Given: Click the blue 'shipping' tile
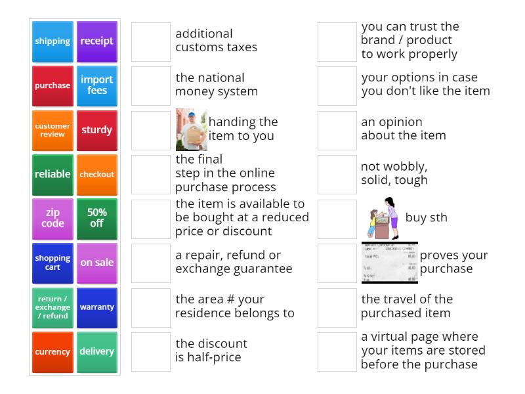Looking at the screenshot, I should click(52, 41).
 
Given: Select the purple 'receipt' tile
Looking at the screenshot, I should click(97, 41).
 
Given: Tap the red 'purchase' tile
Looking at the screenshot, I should click(52, 85).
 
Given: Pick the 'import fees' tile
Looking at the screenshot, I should click(97, 85).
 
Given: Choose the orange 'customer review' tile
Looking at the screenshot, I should click(52, 130).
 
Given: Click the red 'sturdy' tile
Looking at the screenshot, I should click(97, 130).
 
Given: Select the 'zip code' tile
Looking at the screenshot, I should click(52, 218).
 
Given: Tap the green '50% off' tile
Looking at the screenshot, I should click(97, 218).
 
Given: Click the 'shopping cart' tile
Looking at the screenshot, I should click(52, 263).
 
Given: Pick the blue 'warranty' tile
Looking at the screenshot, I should click(97, 307).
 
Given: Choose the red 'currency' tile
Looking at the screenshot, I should click(52, 351).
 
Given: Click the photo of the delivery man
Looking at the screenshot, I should click(191, 129).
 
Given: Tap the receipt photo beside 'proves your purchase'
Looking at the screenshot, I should click(389, 263).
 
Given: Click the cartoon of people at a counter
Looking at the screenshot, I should click(380, 218).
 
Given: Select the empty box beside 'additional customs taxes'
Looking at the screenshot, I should click(151, 41).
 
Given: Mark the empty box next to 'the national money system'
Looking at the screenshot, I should click(151, 85).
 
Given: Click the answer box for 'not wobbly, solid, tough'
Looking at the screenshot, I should click(337, 174).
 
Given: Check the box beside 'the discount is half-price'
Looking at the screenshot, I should click(151, 351).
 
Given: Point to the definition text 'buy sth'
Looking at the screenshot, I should click(426, 218).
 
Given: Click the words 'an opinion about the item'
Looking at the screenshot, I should click(403, 129).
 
